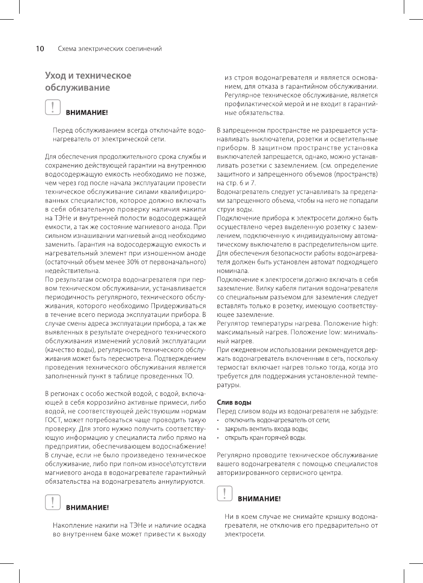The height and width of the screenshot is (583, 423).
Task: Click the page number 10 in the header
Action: click(x=40, y=48)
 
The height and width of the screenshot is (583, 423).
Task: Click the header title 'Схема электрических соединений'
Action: click(x=110, y=48)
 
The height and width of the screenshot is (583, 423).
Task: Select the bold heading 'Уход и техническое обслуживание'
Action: click(x=88, y=81)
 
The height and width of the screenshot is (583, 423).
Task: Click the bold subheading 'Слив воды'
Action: click(x=234, y=402)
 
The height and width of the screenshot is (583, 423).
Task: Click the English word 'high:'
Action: click(x=369, y=324)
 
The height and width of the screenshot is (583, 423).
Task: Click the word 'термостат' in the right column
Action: click(x=232, y=368)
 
